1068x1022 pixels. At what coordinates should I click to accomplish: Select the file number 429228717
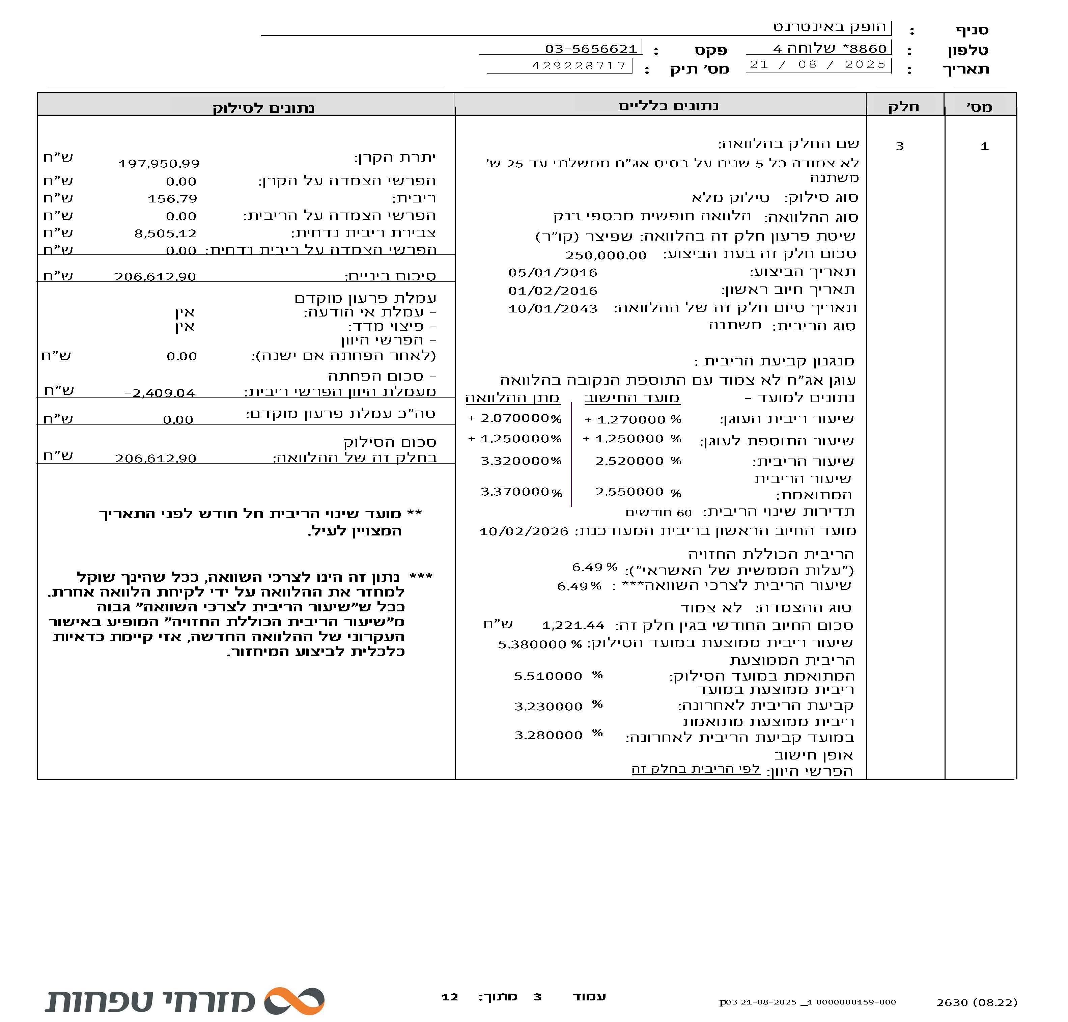point(579,66)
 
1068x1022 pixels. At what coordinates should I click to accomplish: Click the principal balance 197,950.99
point(159,163)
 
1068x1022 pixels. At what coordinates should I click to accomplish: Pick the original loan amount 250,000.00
point(605,255)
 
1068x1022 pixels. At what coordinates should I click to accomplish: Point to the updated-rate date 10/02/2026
point(524,531)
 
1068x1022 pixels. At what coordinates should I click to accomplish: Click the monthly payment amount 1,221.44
point(572,626)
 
